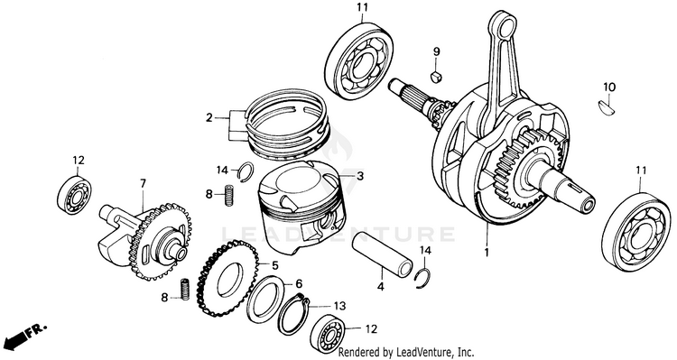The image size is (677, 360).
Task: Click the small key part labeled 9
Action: point(436,78)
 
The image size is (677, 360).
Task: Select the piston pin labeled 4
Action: point(382,254)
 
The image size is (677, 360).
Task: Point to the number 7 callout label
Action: point(143,184)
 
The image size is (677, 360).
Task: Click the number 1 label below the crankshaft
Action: point(487,253)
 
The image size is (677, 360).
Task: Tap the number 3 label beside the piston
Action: point(360,176)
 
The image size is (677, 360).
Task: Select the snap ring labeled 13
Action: point(293,315)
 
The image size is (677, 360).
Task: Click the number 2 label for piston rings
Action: point(209,117)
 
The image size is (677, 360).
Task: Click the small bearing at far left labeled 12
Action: point(74,194)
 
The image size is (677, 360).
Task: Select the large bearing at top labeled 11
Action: point(360,61)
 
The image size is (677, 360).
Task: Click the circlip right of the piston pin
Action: point(423,279)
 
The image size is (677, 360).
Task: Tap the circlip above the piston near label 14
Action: point(246,171)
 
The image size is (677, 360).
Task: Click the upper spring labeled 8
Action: point(229,195)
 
